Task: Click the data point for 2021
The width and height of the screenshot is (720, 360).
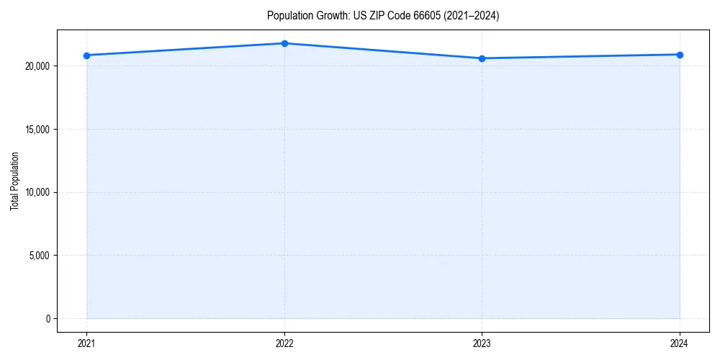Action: click(86, 55)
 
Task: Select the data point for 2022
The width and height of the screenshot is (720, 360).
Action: click(284, 43)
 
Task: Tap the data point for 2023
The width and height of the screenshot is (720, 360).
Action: click(482, 58)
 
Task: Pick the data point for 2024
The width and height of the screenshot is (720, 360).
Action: click(680, 55)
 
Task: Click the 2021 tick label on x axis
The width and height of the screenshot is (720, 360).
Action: click(86, 343)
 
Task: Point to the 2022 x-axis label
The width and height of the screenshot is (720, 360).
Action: click(284, 343)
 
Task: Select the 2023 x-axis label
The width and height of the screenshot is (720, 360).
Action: click(482, 343)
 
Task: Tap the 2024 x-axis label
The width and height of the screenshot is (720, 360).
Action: click(680, 343)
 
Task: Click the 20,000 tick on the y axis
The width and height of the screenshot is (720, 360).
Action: click(37, 66)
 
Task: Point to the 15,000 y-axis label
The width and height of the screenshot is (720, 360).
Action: click(37, 130)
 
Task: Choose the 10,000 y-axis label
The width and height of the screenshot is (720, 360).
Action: click(37, 192)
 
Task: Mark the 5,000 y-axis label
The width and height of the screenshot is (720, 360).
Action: click(39, 256)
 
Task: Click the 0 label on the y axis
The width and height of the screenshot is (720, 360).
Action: click(47, 318)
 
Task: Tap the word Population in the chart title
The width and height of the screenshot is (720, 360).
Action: click(288, 16)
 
